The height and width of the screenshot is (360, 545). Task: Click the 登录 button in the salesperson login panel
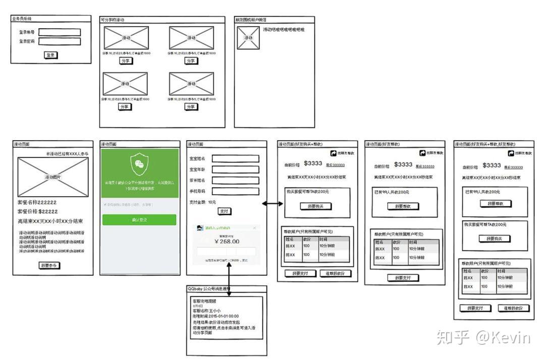(50, 55)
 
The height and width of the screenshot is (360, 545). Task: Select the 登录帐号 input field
(60, 32)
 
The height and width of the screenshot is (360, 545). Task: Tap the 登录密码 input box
(60, 41)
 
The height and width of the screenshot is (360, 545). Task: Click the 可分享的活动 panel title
(113, 20)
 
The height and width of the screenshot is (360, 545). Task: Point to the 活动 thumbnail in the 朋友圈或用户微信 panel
(248, 38)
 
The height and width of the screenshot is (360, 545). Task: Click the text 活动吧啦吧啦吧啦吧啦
(284, 30)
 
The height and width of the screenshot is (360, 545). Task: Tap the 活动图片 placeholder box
(53, 176)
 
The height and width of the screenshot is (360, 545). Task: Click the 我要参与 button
(50, 265)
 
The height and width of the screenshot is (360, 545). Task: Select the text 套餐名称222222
(37, 202)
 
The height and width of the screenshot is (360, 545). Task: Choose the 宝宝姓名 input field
(236, 158)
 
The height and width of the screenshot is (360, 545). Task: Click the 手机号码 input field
(236, 191)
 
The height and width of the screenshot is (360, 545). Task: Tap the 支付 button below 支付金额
(224, 211)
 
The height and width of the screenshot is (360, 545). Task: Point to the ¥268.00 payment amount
(227, 242)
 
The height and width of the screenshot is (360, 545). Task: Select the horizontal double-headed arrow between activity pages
(272, 203)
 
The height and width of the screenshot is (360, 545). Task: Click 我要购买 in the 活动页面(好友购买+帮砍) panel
(316, 206)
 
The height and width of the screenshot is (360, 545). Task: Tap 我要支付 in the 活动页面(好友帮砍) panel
(403, 277)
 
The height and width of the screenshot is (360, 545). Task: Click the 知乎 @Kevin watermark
(483, 337)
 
